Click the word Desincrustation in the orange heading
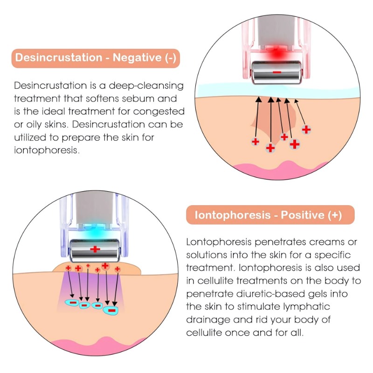point(59,58)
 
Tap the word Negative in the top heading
point(137,58)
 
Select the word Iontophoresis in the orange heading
point(233,215)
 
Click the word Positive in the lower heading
point(303,215)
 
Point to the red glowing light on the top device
point(276,54)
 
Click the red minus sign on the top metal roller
point(277,72)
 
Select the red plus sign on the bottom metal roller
point(95,249)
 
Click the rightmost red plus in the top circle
point(306,130)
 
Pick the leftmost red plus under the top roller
point(255,142)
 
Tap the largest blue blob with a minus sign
point(111,310)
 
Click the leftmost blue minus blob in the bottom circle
point(72,303)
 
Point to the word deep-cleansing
point(146,86)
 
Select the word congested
point(159,111)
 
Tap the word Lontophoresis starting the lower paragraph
point(219,242)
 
